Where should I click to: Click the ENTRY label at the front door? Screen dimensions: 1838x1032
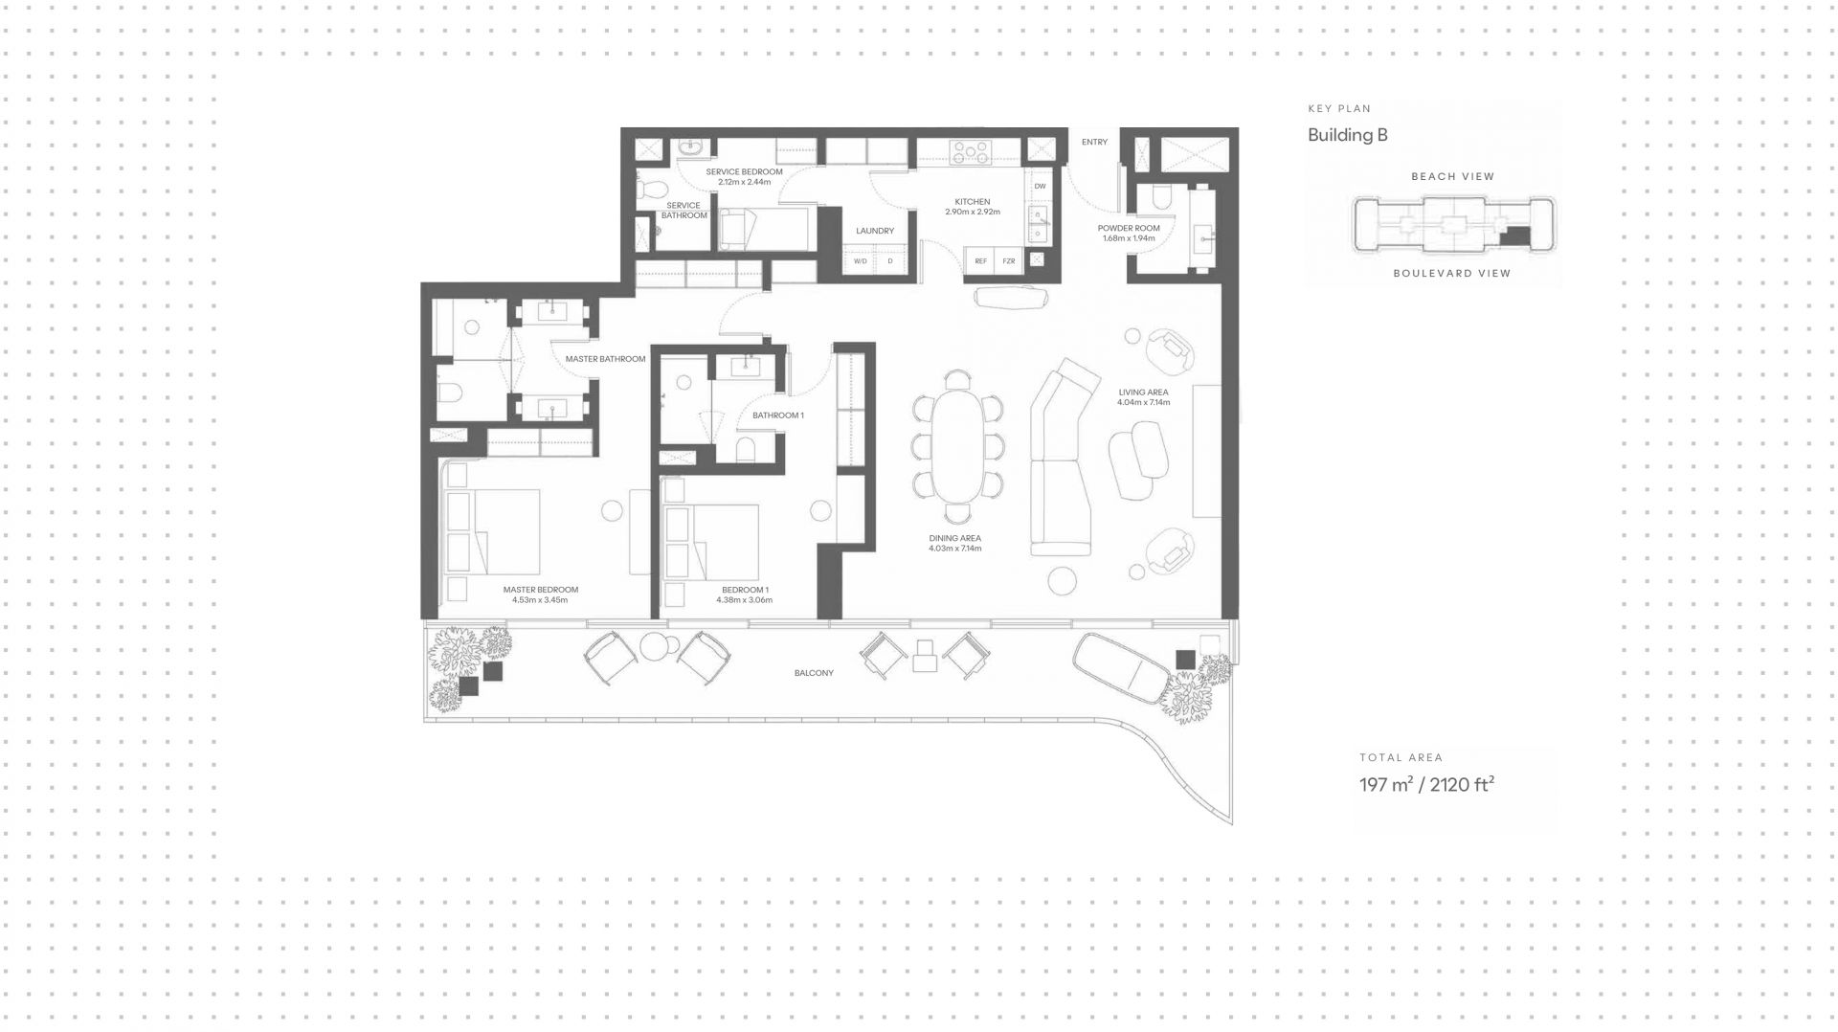(x=1094, y=142)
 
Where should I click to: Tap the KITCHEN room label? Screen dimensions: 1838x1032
(x=972, y=202)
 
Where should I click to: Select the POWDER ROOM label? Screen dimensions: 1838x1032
(x=1129, y=228)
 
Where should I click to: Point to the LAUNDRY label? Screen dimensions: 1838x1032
(x=875, y=231)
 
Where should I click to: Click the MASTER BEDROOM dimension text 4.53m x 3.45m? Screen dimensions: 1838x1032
(x=540, y=600)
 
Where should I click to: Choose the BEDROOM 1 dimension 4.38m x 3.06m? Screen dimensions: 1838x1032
(x=744, y=600)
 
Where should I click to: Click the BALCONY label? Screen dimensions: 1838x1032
(x=814, y=673)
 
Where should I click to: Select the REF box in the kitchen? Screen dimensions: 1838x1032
(x=980, y=260)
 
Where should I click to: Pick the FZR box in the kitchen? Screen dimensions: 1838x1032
(x=1008, y=260)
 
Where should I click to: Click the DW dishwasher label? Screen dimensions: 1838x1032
(x=1040, y=186)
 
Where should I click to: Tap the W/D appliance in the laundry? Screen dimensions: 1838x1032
(x=860, y=260)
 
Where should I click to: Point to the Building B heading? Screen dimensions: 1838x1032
(x=1347, y=135)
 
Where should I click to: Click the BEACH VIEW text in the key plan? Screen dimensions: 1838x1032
(x=1452, y=176)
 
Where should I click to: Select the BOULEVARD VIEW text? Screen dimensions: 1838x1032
(x=1452, y=273)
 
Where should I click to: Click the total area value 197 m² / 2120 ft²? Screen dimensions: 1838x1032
(x=1426, y=785)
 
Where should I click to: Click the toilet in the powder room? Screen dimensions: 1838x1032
(x=1161, y=197)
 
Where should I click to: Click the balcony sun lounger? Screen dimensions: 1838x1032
(x=1120, y=668)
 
